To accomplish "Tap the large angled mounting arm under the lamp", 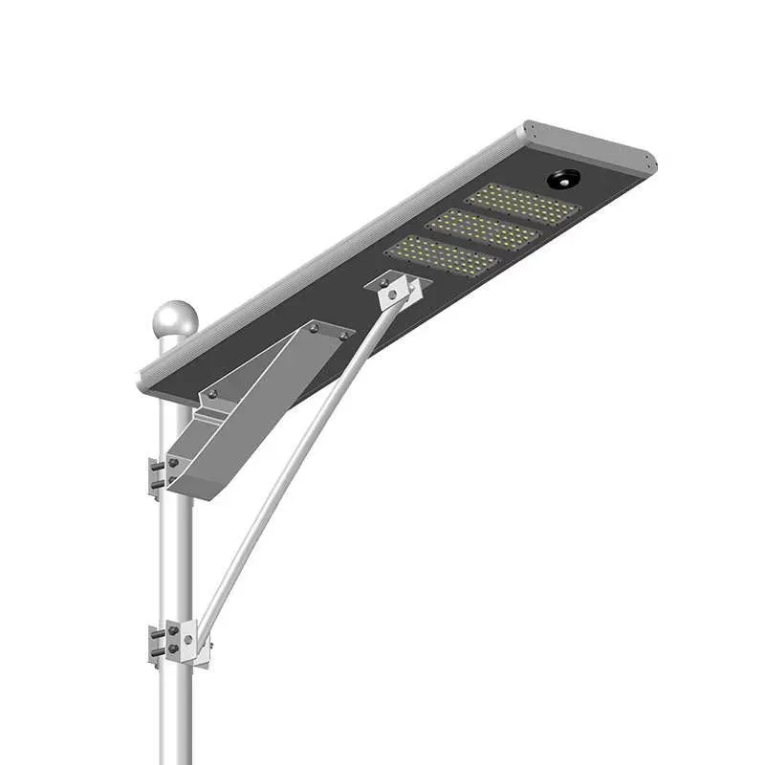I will pyautogui.click(x=258, y=402).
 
